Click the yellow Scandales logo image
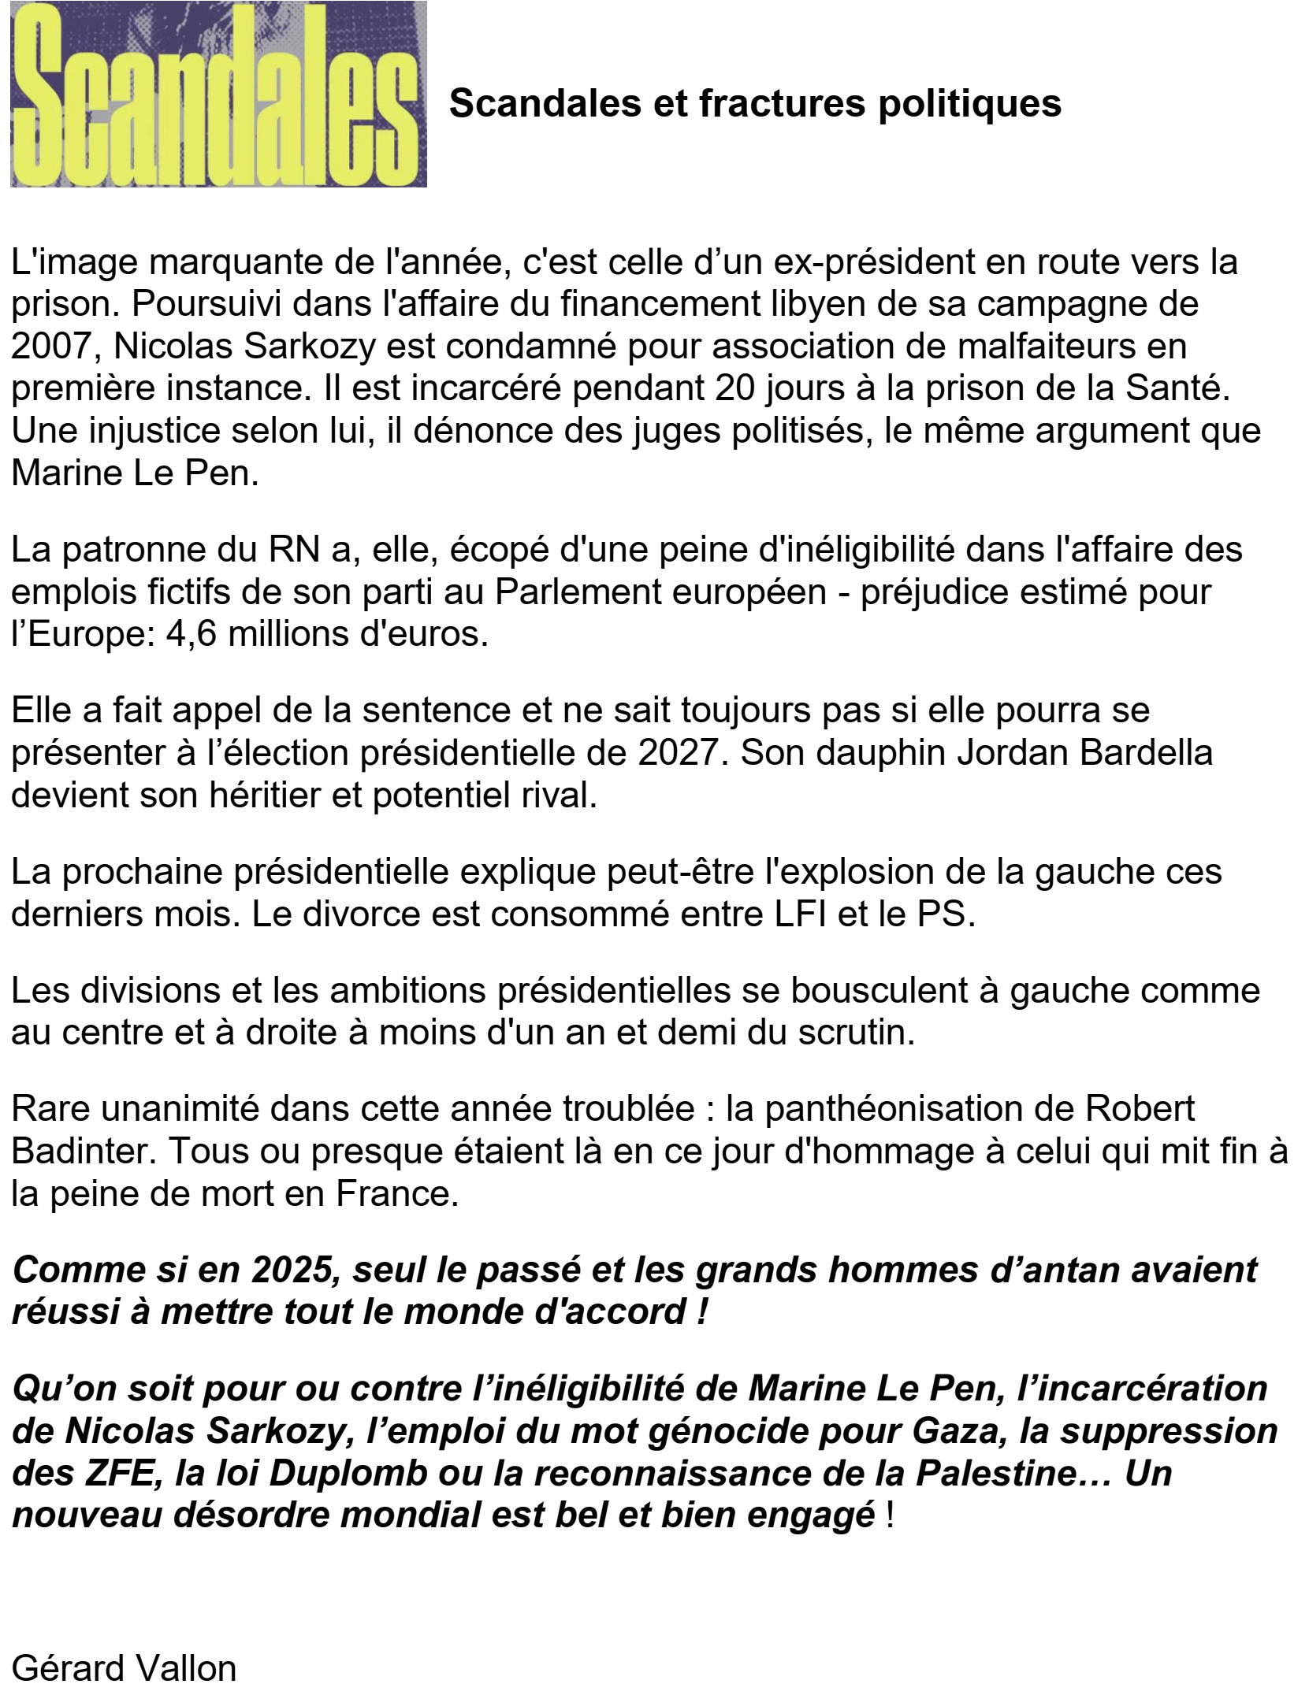[x=218, y=95]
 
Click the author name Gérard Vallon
[x=124, y=1667]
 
